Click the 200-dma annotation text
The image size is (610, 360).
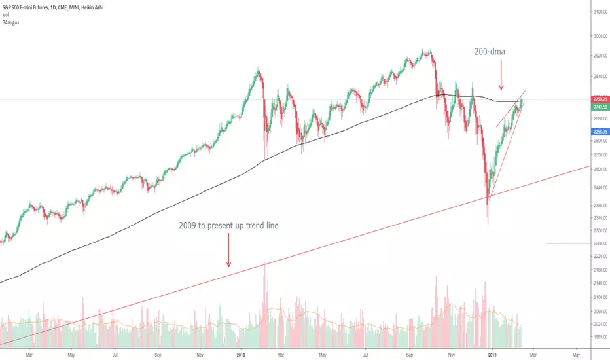point(490,51)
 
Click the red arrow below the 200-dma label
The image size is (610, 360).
point(501,75)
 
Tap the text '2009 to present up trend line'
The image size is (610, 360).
point(229,225)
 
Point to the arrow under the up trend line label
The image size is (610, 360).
point(229,250)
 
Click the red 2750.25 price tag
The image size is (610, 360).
point(600,99)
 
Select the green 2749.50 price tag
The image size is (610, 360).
point(600,107)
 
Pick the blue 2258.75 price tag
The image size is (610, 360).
point(600,132)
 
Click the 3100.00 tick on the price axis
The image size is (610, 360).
point(600,12)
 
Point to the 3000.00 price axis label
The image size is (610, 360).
point(600,36)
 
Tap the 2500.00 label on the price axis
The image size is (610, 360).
point(600,170)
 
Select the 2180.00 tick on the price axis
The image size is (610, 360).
point(600,269)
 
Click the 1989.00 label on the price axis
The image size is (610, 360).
point(600,337)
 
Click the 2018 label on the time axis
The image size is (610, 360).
point(241,355)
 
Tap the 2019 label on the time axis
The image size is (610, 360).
point(492,355)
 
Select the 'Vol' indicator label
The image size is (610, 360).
point(5,15)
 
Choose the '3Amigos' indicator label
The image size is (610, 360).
point(10,22)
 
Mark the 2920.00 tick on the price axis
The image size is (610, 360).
point(600,56)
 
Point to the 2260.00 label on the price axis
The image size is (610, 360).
point(600,243)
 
